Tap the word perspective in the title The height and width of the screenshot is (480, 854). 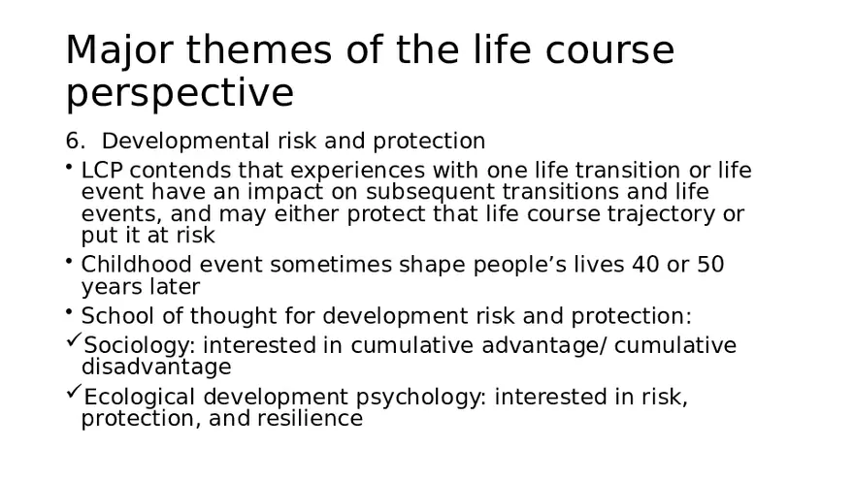180,94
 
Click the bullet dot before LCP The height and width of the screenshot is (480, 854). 70,168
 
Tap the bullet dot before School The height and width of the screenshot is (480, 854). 70,313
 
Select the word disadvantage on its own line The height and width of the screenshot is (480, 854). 156,368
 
